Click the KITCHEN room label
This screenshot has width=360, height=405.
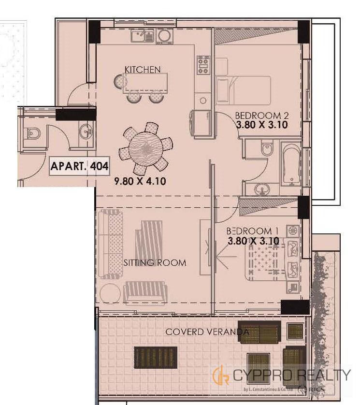pos(143,70)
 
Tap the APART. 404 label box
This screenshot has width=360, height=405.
pos(79,166)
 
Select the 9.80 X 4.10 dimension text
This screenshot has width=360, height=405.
pos(140,181)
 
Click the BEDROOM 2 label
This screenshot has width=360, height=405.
pos(261,116)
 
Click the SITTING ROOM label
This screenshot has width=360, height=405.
pos(155,263)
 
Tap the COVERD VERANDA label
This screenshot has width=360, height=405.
pos(207,332)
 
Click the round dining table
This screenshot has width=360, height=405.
pos(146,149)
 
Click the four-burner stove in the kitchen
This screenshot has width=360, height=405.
pos(203,65)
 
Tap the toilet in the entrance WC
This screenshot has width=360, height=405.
pos(33,133)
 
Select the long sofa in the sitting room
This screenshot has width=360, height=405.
pos(110,245)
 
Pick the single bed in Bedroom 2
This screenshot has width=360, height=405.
pos(243,90)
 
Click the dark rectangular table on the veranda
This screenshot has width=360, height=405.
pos(156,358)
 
